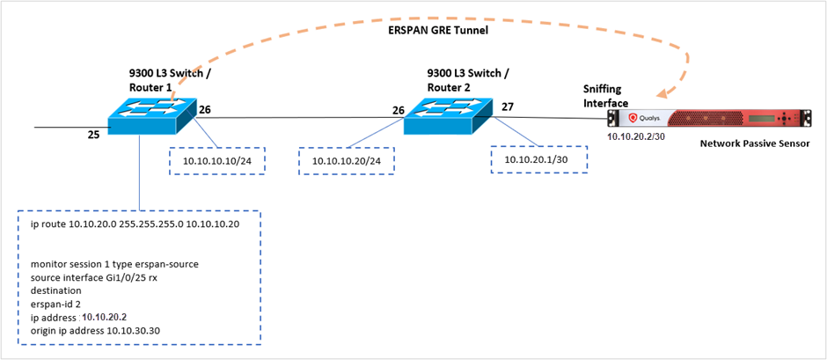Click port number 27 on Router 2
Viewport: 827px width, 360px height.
click(509, 107)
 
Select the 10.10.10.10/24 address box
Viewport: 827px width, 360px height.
click(217, 161)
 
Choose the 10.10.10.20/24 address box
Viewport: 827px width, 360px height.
click(347, 161)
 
